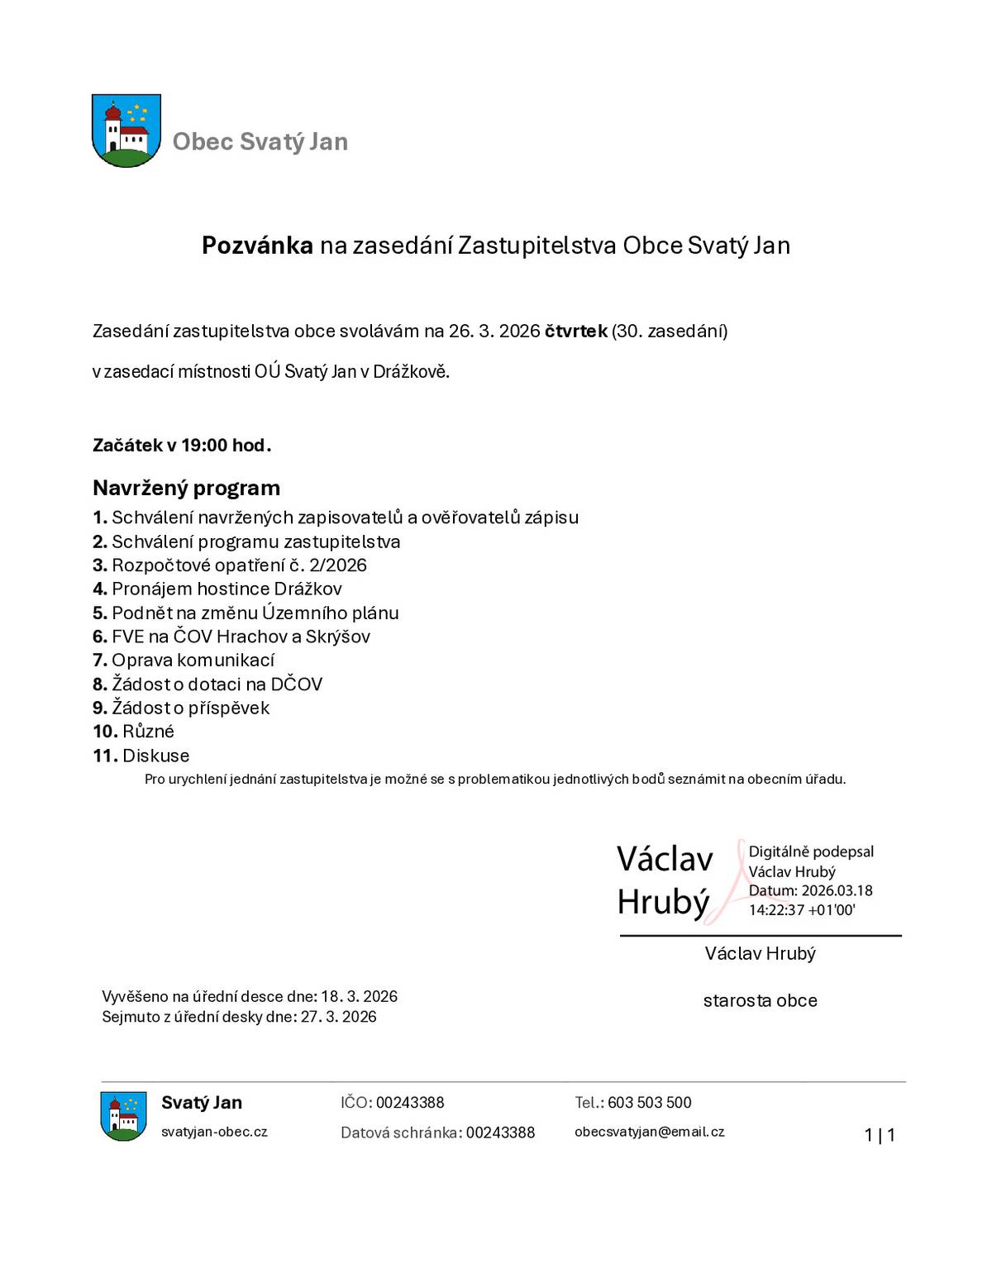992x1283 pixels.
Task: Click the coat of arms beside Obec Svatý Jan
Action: pos(126,131)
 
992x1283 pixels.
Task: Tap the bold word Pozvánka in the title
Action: pos(257,246)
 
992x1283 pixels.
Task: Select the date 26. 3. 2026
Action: pos(494,331)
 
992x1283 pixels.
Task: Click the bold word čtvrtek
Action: pos(575,331)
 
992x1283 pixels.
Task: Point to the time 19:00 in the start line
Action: pos(204,446)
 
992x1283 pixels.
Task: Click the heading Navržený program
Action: pos(186,488)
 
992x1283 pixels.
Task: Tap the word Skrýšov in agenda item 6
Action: pos(337,637)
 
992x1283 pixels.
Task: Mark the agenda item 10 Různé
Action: pos(134,732)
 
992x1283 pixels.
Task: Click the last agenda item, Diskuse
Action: pos(141,756)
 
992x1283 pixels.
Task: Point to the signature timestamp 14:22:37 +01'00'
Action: pos(801,910)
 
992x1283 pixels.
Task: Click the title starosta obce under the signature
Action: pos(760,1001)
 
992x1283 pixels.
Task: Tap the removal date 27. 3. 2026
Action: pos(338,1017)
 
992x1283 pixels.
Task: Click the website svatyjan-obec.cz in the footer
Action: pos(214,1132)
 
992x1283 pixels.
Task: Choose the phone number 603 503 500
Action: pos(649,1103)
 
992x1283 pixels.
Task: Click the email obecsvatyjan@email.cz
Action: pos(649,1132)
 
